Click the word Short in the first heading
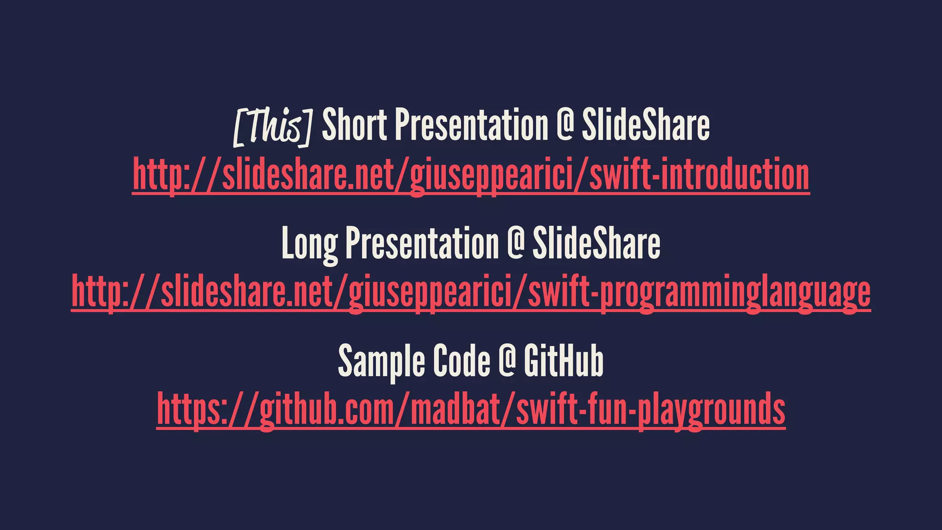[x=354, y=125]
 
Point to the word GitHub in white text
[x=563, y=362]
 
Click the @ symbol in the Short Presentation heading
[x=565, y=125]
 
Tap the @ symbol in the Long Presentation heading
[x=516, y=243]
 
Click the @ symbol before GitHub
[x=507, y=362]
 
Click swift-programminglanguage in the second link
[x=699, y=293]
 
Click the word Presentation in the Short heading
[x=472, y=125]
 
